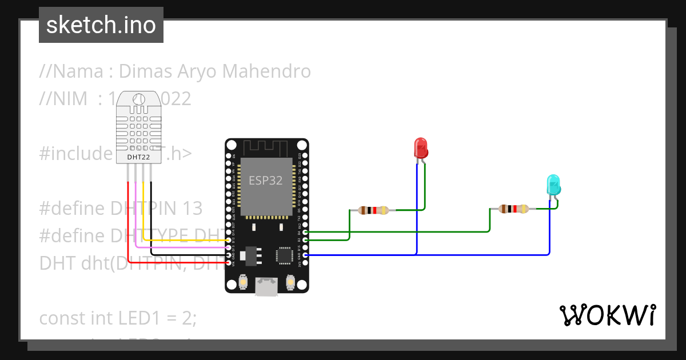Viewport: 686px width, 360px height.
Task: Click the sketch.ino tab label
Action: point(101,25)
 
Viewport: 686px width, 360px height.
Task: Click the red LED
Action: point(421,147)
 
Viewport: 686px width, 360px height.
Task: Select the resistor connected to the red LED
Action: point(373,210)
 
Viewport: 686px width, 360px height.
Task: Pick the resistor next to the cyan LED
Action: point(513,209)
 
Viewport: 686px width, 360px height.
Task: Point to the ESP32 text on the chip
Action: point(265,181)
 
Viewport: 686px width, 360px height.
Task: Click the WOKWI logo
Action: point(607,315)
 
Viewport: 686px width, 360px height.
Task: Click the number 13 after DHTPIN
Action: point(192,208)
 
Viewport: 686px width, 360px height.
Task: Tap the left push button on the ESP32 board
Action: point(244,282)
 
